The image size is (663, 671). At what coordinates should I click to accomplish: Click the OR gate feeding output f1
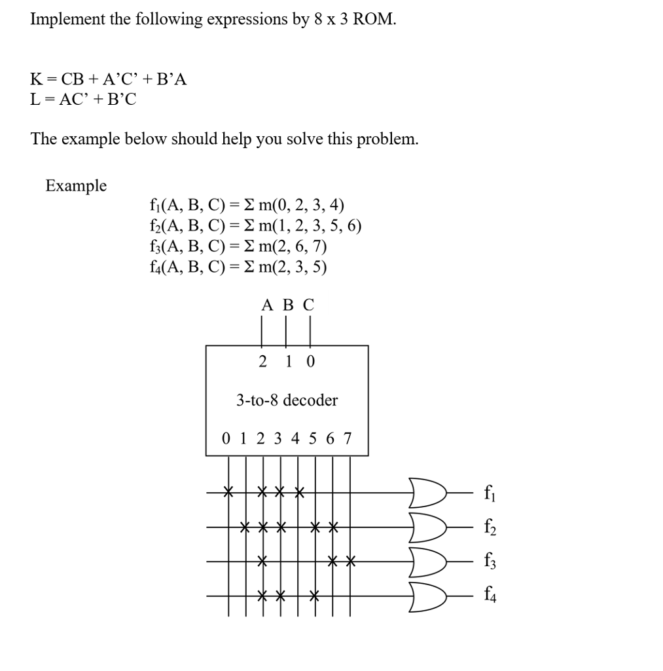[427, 490]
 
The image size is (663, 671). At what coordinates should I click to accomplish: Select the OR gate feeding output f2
[427, 526]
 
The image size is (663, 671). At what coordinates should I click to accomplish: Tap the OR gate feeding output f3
[427, 561]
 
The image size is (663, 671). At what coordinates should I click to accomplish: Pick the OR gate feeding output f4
[427, 596]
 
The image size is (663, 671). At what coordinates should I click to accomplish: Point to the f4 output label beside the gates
[489, 596]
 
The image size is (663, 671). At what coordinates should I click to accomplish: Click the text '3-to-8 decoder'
[287, 400]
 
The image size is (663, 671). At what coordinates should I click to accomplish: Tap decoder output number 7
[348, 438]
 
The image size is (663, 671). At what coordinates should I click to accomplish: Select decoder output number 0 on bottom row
[226, 438]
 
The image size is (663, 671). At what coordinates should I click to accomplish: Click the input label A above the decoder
[266, 305]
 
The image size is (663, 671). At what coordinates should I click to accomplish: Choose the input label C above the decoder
[308, 305]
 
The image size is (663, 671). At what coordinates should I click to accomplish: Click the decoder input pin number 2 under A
[262, 361]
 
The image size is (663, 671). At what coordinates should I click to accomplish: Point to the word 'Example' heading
[76, 186]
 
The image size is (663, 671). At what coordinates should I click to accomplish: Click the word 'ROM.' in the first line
[374, 19]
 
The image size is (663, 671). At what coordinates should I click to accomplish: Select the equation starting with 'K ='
[109, 80]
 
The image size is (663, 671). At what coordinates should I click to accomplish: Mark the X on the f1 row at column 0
[228, 491]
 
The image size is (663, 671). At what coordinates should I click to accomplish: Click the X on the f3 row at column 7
[349, 561]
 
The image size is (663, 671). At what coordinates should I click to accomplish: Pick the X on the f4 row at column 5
[315, 596]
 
